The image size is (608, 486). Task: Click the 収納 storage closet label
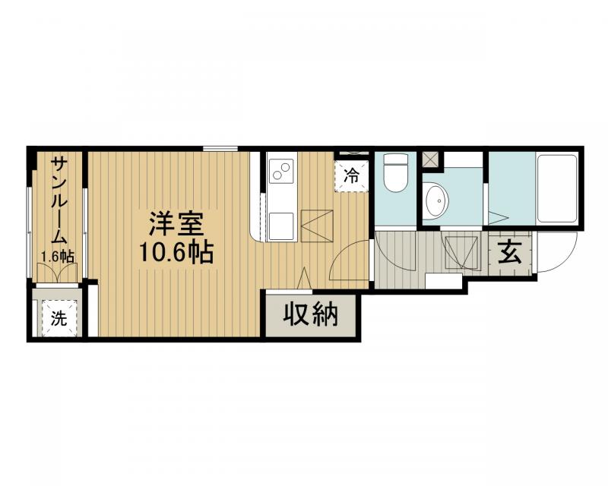311,314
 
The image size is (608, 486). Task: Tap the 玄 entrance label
510,251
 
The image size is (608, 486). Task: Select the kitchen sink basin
281,225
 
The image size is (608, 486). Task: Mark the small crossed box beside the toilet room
430,159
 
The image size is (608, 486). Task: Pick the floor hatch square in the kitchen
316,225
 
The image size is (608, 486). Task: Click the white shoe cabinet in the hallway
445,281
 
